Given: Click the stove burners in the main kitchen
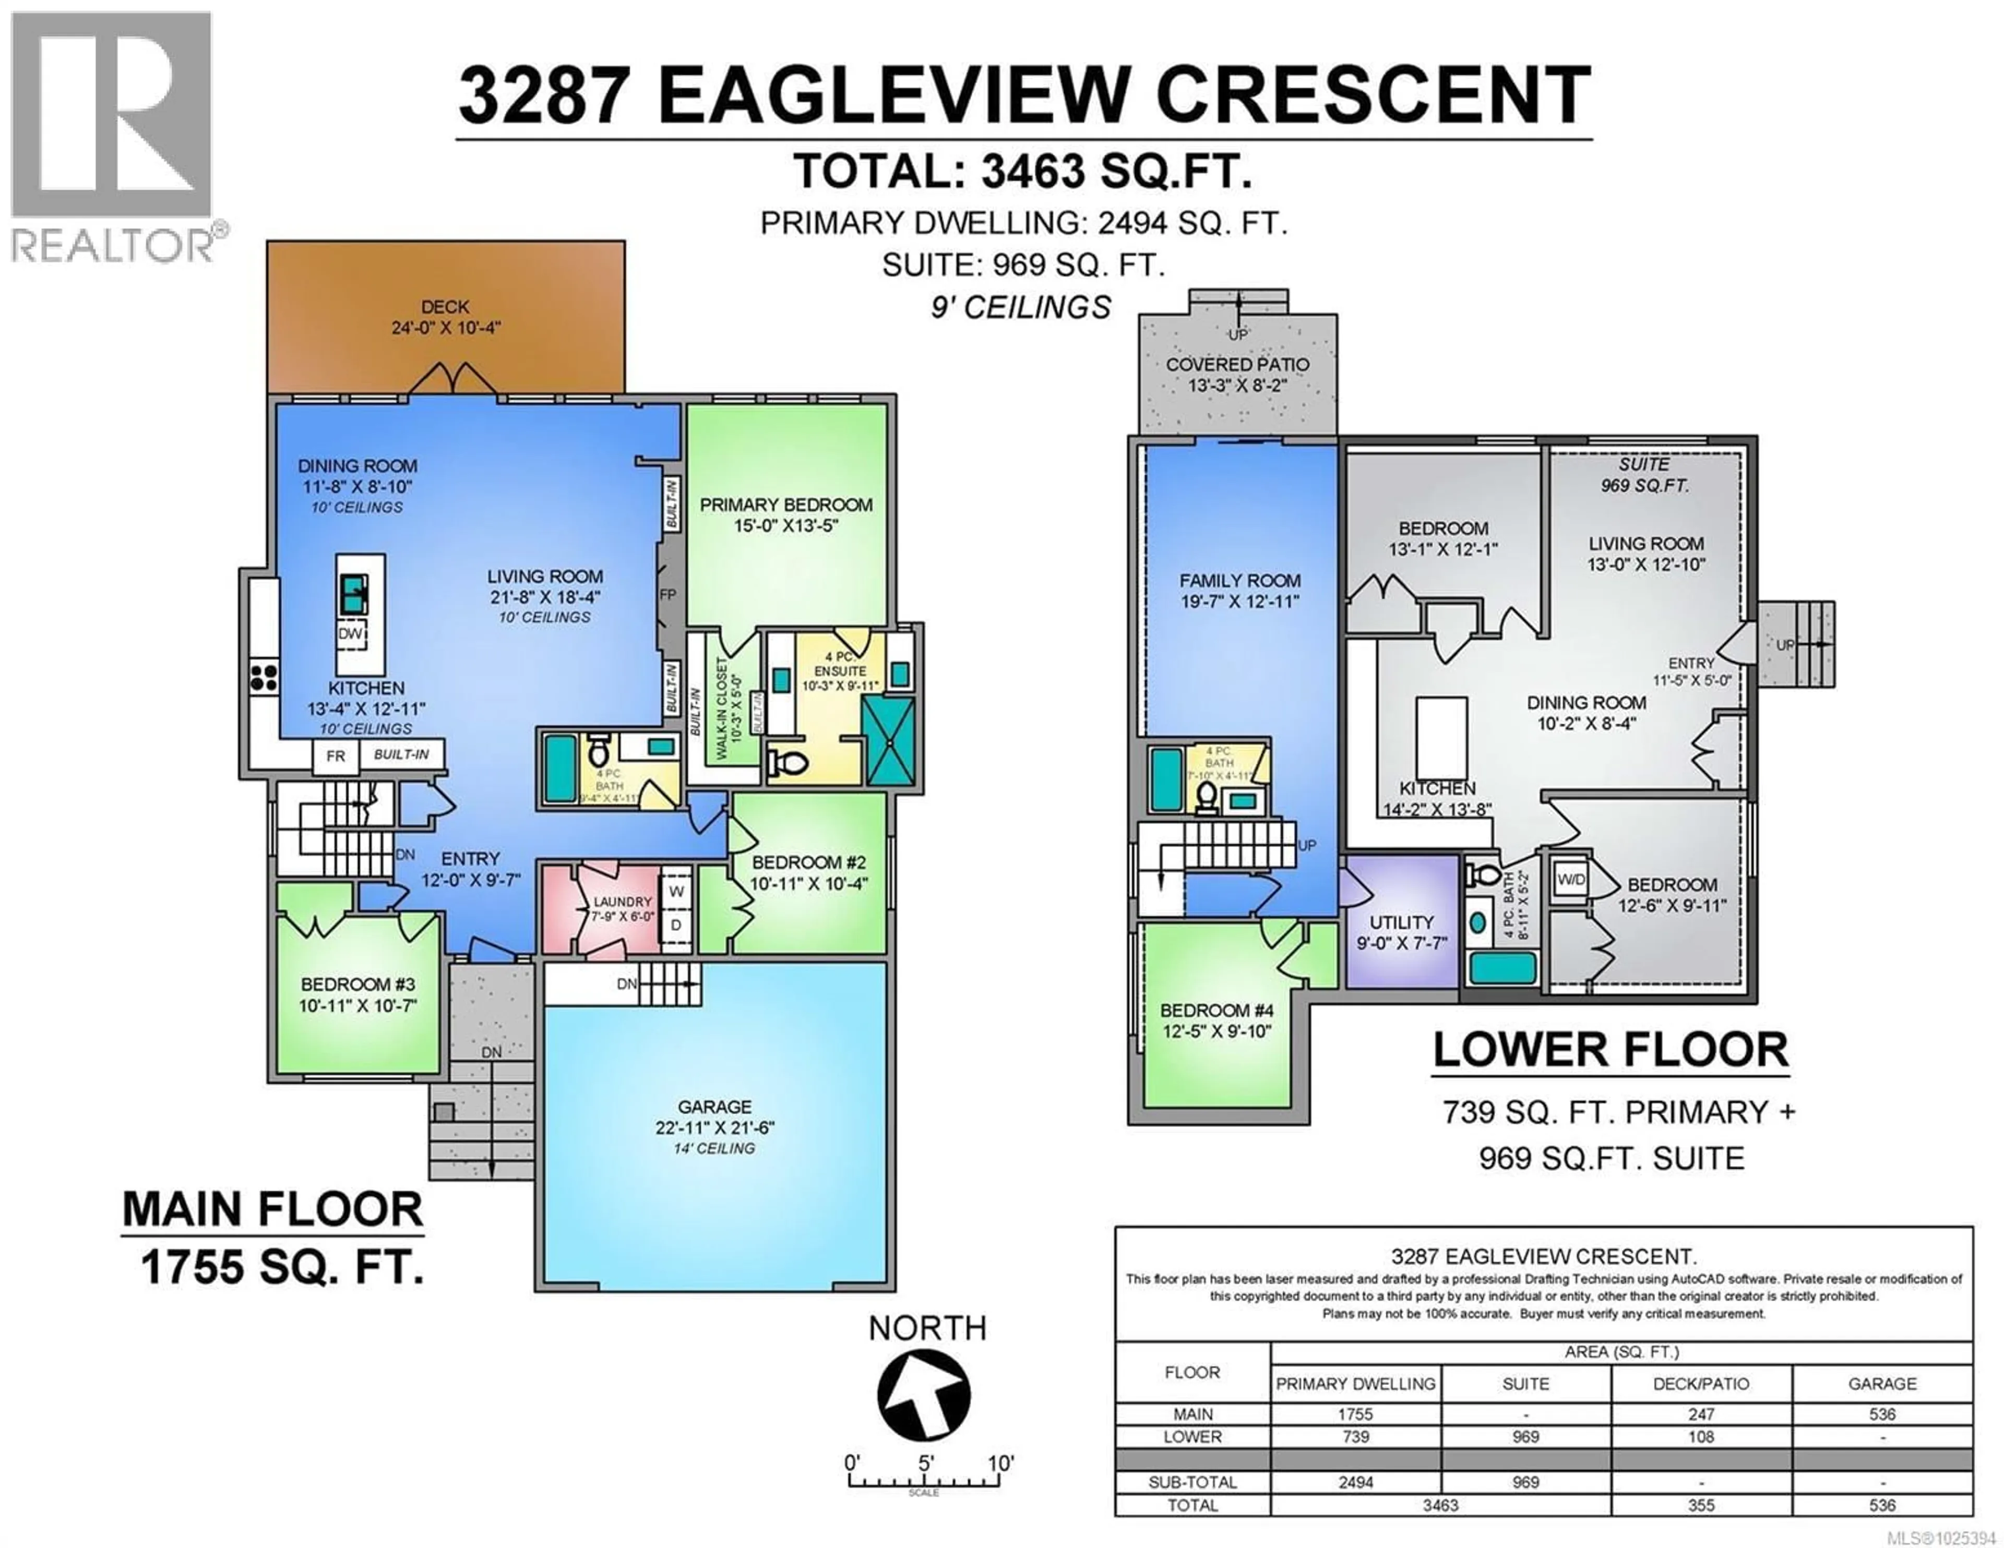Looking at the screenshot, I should [x=264, y=677].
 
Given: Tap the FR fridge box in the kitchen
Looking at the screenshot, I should [x=336, y=756].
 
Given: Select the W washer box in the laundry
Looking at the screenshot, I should [x=676, y=891].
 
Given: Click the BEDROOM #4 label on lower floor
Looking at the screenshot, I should [x=1216, y=1010].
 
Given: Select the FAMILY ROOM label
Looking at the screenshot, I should [x=1239, y=581].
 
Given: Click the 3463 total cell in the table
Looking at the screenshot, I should [x=1440, y=1505].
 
